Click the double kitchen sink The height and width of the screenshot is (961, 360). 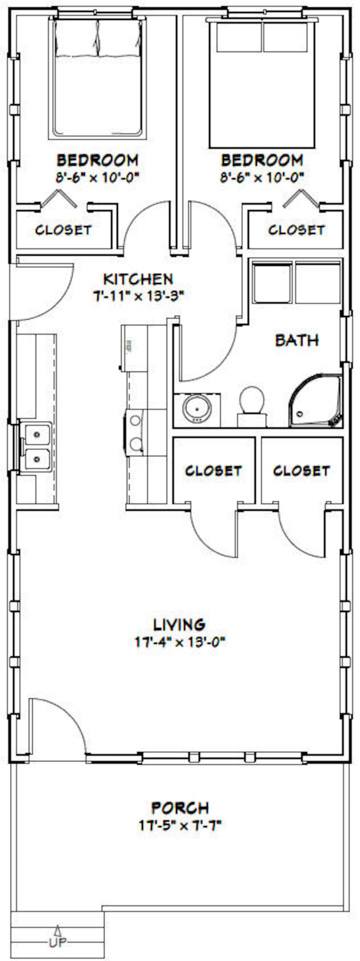[36, 447]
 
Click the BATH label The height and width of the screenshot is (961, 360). [297, 340]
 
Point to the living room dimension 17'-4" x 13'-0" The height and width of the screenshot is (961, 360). [180, 642]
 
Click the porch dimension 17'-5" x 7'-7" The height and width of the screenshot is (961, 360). [180, 825]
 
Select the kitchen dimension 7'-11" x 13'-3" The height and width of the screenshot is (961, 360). [139, 296]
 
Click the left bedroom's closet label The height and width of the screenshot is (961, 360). [63, 230]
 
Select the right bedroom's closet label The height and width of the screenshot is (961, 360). [297, 230]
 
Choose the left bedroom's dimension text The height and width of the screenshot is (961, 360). [97, 177]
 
